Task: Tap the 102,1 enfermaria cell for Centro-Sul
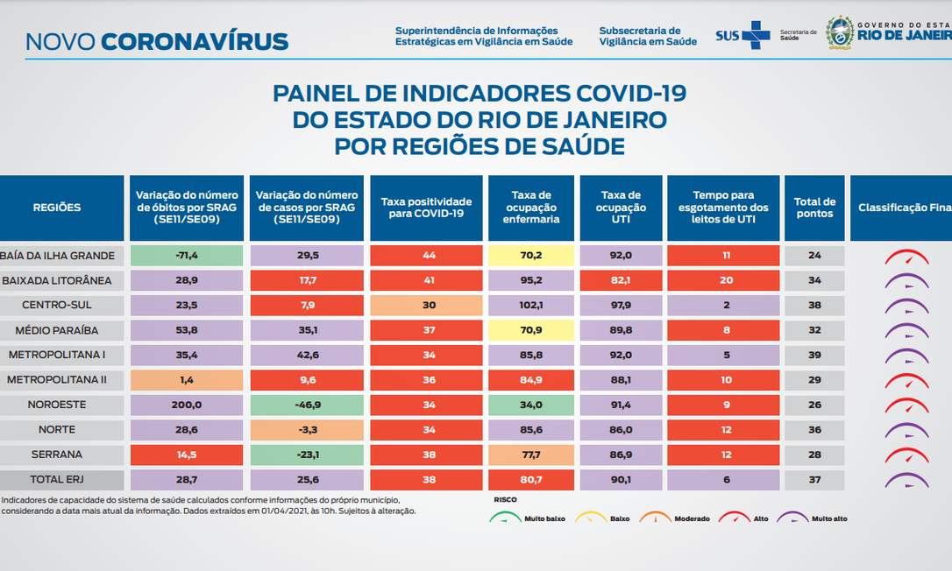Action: pos(530,306)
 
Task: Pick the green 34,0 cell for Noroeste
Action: pos(530,405)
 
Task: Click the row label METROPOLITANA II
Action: pos(57,380)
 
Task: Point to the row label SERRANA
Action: pos(57,455)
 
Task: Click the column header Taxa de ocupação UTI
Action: pos(622,208)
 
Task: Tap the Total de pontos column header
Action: pos(814,208)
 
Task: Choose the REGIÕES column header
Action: pos(57,208)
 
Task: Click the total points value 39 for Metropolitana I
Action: pos(814,356)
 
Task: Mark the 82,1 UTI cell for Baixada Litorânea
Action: pos(622,281)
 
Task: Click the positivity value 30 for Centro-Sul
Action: pos(426,306)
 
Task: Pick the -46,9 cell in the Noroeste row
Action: pos(307,405)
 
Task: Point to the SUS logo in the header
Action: pos(742,35)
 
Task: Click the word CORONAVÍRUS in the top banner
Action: pos(195,41)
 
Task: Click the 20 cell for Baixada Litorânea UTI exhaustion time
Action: pos(722,281)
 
